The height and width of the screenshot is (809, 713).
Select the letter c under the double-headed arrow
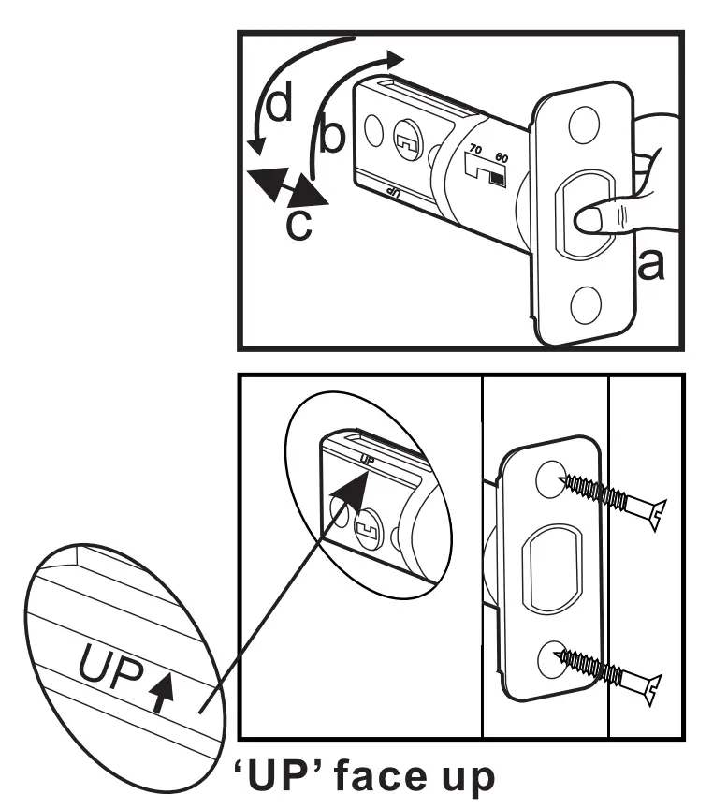pyautogui.click(x=298, y=225)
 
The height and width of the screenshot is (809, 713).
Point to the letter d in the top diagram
pyautogui.click(x=278, y=106)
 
